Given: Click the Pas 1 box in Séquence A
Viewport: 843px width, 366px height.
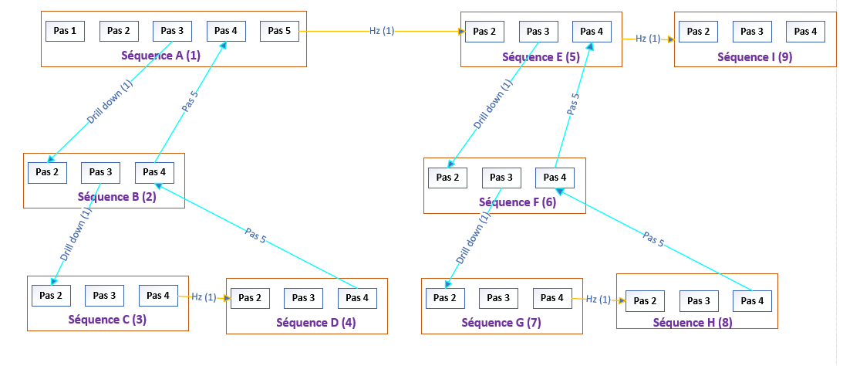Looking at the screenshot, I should [x=65, y=31].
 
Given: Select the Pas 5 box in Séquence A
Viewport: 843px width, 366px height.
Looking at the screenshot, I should [x=279, y=31].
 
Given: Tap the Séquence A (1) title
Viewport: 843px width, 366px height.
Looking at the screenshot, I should [x=160, y=55].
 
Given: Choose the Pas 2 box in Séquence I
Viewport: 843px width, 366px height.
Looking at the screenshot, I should [x=699, y=32].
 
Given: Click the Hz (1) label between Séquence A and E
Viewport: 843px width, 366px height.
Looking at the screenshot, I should [x=382, y=31].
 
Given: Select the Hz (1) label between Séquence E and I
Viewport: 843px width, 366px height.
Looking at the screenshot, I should [x=648, y=38].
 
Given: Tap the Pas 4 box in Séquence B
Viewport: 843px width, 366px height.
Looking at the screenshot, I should [x=154, y=172].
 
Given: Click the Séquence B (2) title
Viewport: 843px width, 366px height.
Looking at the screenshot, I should [x=116, y=196].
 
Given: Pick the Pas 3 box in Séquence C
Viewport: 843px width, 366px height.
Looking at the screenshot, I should [x=104, y=296].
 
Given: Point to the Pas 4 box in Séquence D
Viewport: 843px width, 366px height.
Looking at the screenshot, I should [x=357, y=298].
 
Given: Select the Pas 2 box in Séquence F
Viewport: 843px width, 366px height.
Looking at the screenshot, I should [x=448, y=178].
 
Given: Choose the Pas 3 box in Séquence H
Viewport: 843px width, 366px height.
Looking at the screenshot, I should [x=699, y=301].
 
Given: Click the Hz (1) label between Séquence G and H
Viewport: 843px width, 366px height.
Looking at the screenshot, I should [x=598, y=299].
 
